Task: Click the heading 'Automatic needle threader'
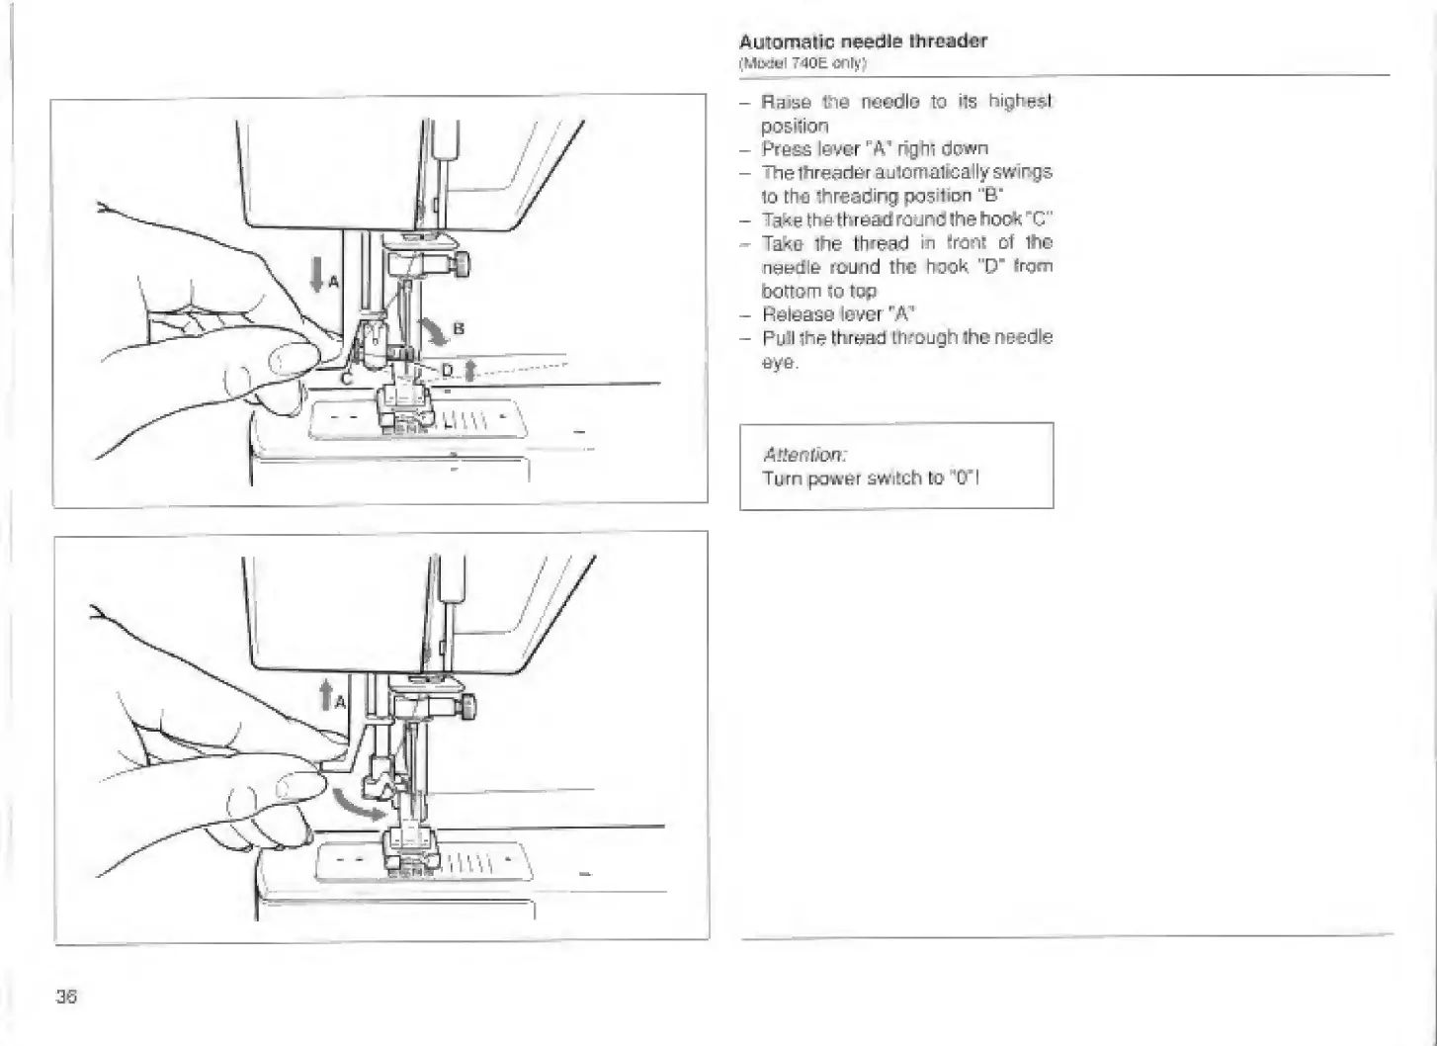863,42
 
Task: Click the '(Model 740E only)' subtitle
803,63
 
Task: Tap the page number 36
66,997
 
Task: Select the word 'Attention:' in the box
804,455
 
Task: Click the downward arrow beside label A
316,274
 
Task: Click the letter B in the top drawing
459,328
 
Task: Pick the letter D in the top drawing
447,370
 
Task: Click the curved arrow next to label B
433,333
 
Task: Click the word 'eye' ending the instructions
778,362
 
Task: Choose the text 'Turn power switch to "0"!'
871,479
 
